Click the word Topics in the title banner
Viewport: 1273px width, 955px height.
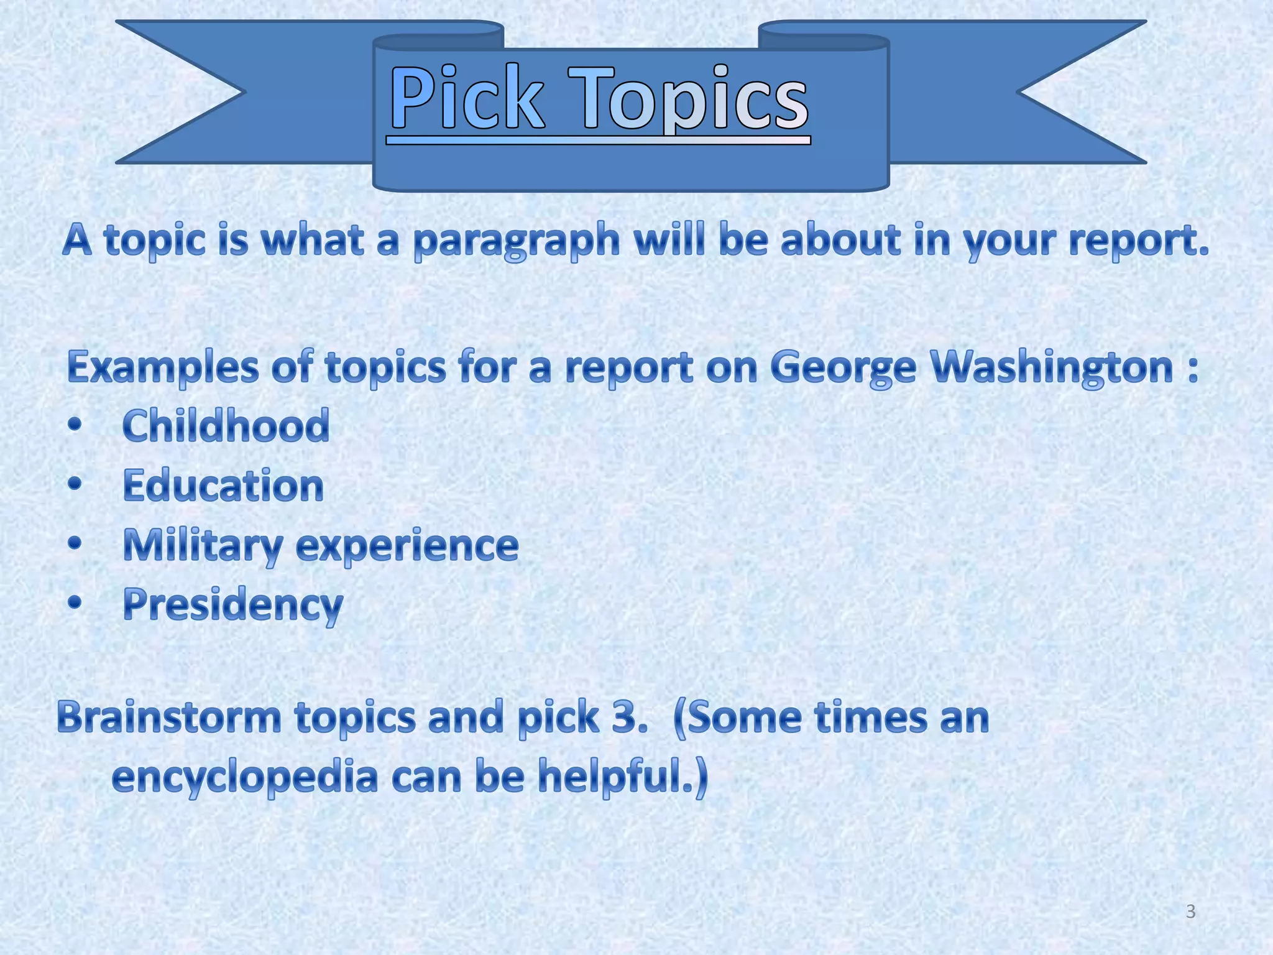[x=693, y=99]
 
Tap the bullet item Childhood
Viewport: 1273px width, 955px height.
[x=226, y=426]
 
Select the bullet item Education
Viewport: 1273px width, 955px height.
[x=223, y=486]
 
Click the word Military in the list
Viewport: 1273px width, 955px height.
[x=203, y=545]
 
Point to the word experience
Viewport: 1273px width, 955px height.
[x=407, y=546]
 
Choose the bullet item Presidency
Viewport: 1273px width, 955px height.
[x=232, y=604]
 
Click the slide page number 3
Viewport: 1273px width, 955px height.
[x=1190, y=911]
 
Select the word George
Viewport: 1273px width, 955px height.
[x=843, y=367]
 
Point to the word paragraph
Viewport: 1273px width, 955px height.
[x=517, y=241]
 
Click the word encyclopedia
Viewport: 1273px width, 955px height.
[x=245, y=778]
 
